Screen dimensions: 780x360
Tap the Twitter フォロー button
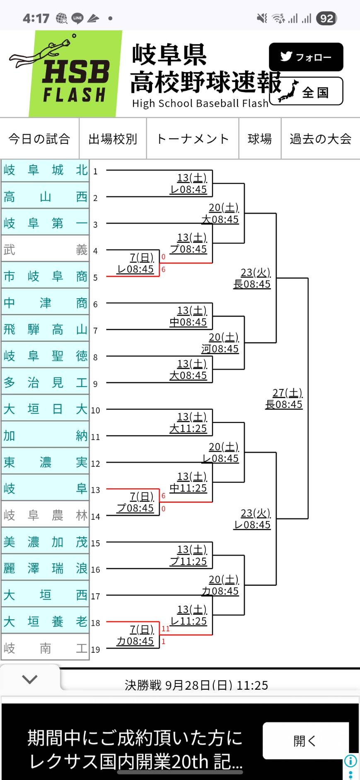(306, 57)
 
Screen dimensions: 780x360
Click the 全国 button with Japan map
(307, 92)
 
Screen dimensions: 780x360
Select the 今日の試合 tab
(39, 139)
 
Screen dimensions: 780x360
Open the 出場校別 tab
(113, 139)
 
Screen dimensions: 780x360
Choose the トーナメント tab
(193, 139)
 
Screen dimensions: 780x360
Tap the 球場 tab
(260, 139)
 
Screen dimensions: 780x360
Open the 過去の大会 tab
(320, 139)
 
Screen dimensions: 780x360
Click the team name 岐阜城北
(45, 170)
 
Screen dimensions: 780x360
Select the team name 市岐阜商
(45, 276)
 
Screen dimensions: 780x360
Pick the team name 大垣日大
(45, 409)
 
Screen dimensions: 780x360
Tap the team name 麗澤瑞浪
(45, 568)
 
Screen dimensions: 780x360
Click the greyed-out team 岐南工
(45, 648)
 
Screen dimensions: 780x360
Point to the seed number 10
(95, 410)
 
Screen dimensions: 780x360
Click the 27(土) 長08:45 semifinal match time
(284, 398)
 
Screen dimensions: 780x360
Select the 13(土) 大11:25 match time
(188, 423)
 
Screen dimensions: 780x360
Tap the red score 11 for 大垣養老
(166, 629)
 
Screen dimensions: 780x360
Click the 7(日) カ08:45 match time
(135, 635)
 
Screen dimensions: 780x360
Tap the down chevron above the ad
(30, 679)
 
